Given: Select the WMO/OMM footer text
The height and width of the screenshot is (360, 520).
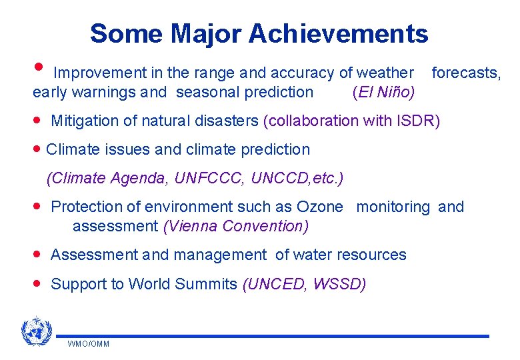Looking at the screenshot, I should tap(88, 344).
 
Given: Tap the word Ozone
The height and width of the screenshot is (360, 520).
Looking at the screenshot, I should tap(319, 207).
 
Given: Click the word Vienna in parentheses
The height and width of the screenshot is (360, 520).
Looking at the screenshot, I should tap(193, 226).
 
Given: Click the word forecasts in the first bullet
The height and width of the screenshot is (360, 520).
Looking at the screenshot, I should tap(465, 73).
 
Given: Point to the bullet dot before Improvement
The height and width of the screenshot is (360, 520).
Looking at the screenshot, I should tap(39, 67).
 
